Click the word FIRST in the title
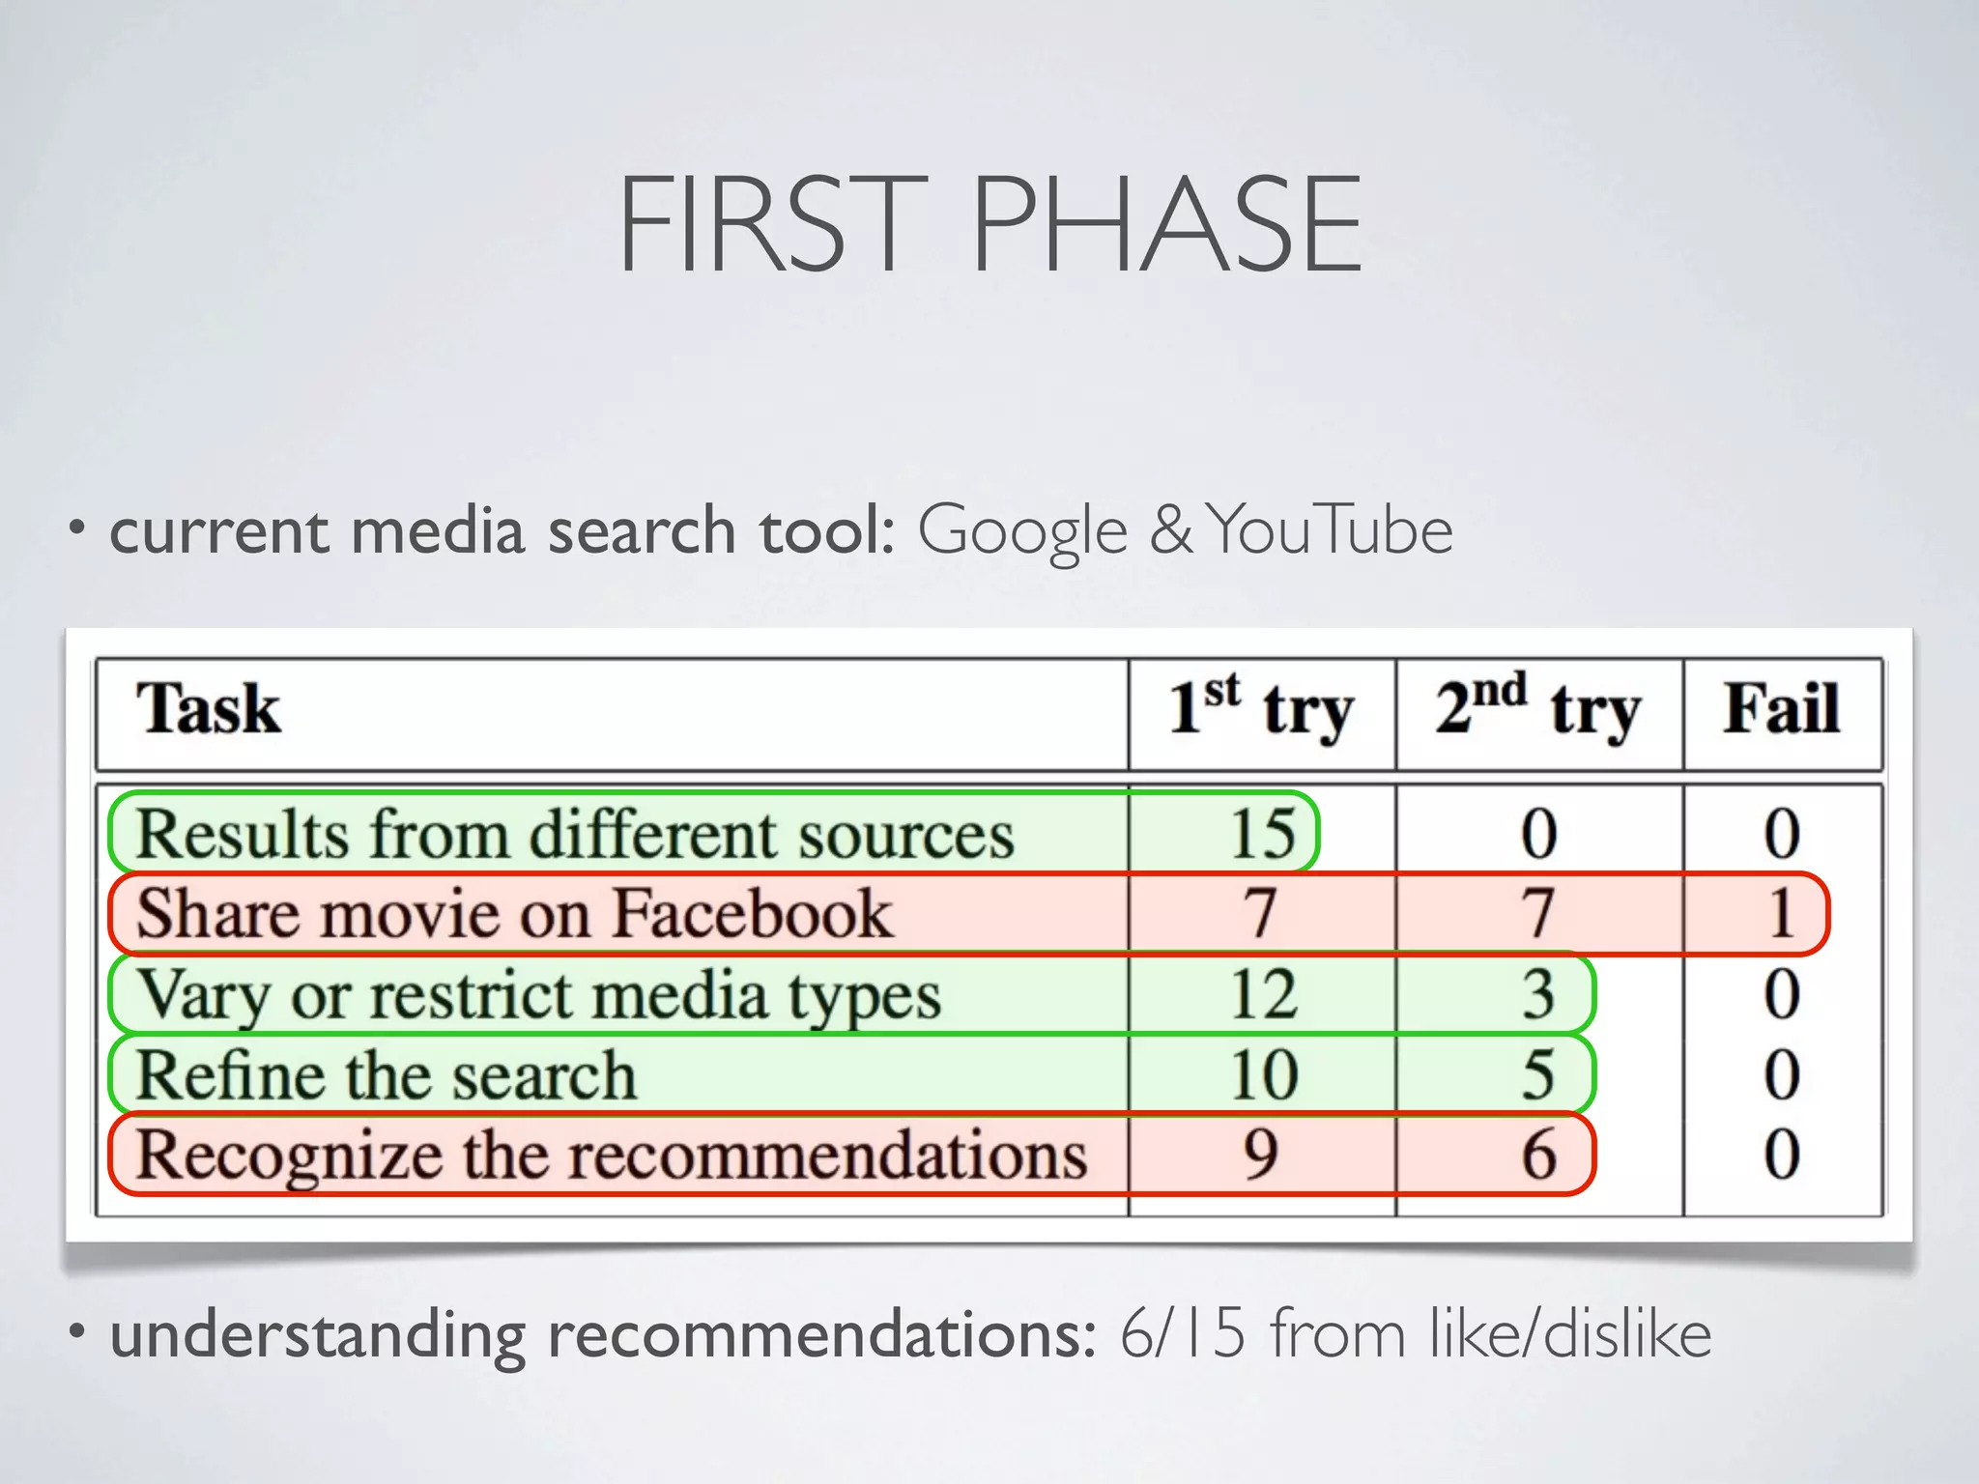coord(773,224)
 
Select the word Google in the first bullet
coord(1022,531)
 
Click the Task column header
coord(209,709)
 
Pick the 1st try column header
coord(1261,709)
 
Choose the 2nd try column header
coord(1538,709)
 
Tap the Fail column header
coord(1782,709)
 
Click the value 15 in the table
coord(1262,833)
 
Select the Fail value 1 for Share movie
coord(1782,913)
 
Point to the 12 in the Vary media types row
coord(1262,994)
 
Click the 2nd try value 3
coord(1538,994)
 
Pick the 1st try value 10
coord(1262,1074)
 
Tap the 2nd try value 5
coord(1538,1074)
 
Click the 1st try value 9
coord(1261,1155)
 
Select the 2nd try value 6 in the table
coord(1538,1155)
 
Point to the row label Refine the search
coord(387,1074)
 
